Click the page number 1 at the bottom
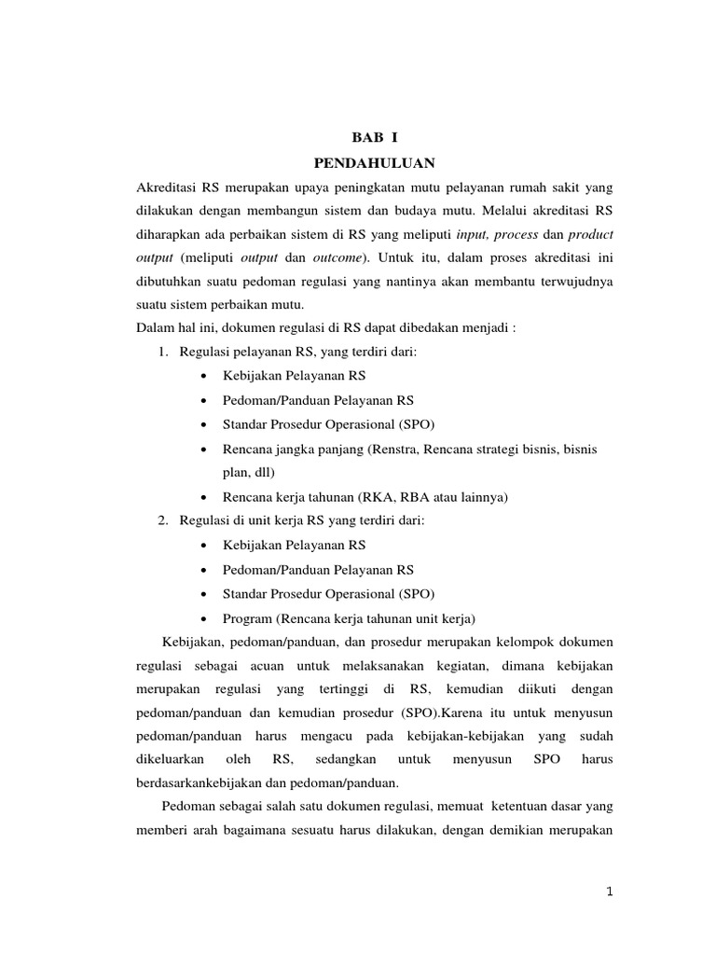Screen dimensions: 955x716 pos(608,892)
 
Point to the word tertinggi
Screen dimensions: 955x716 pos(322,690)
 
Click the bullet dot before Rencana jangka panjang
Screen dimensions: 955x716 pos(203,449)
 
